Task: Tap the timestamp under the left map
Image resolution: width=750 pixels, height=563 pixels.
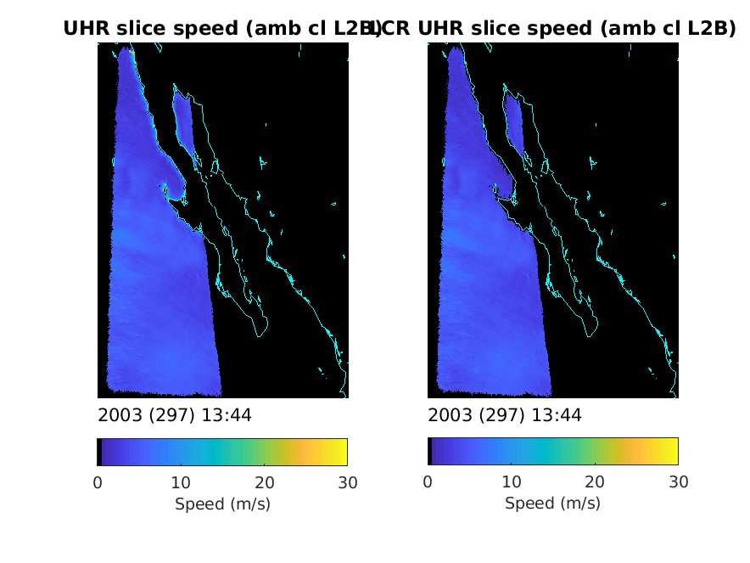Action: click(175, 415)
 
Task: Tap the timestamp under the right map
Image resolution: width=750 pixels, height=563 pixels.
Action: click(505, 415)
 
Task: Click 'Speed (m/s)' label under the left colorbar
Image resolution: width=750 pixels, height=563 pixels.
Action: click(222, 504)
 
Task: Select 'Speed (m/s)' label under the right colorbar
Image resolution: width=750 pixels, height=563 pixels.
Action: click(552, 504)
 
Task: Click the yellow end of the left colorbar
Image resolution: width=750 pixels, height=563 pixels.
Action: click(342, 452)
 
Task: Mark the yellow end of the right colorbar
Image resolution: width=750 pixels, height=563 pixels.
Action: click(672, 452)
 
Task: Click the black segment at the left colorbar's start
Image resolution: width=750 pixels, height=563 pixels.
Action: click(99, 452)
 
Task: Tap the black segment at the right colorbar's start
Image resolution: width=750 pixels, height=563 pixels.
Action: click(429, 452)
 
